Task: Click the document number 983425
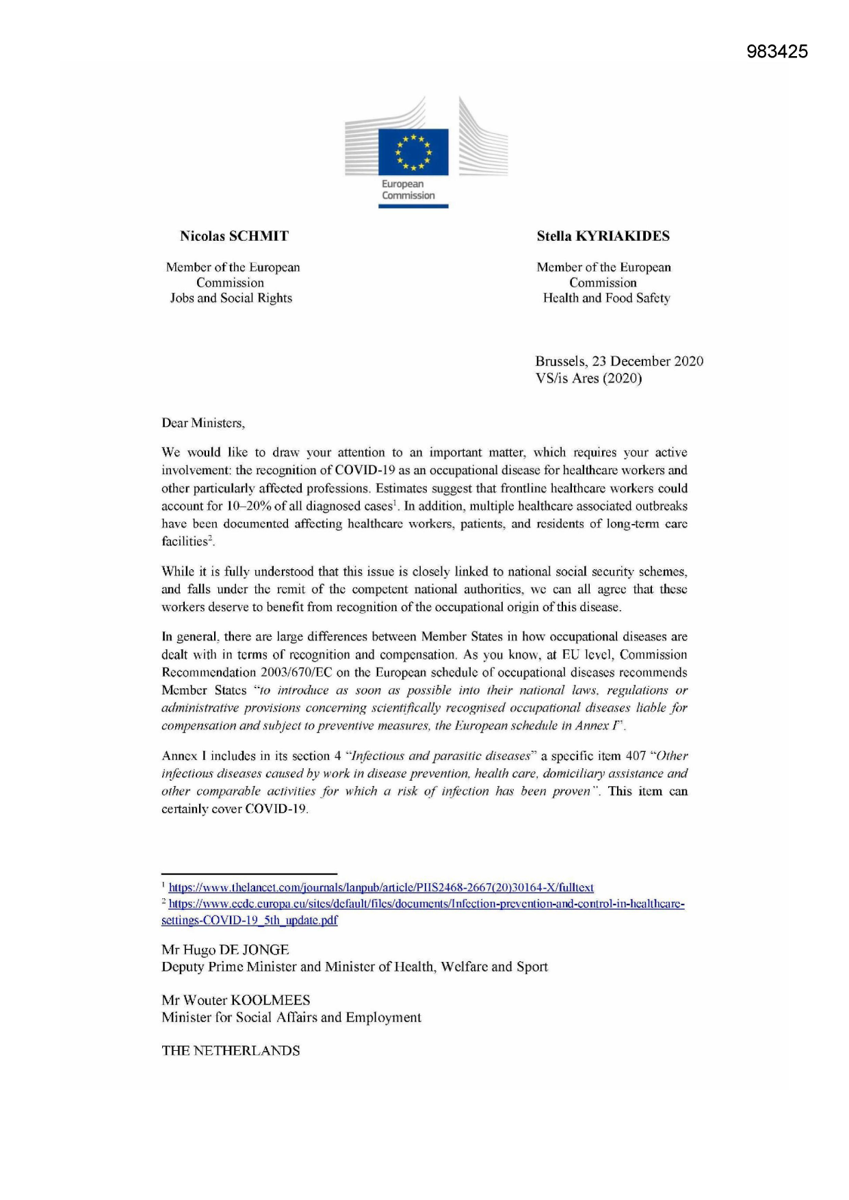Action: pyautogui.click(x=776, y=51)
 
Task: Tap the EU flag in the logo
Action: pyautogui.click(x=413, y=151)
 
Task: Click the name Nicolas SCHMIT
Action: pyautogui.click(x=234, y=236)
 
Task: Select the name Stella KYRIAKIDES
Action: pyautogui.click(x=603, y=236)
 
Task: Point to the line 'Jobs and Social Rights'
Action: pyautogui.click(x=231, y=298)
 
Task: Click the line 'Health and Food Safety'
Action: pyautogui.click(x=606, y=298)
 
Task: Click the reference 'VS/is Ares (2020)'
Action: pyautogui.click(x=588, y=378)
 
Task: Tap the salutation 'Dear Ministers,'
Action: pyautogui.click(x=203, y=423)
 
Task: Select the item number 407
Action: pyautogui.click(x=636, y=756)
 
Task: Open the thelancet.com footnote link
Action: pyautogui.click(x=381, y=887)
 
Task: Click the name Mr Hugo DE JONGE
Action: pyautogui.click(x=225, y=950)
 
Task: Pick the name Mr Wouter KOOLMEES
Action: pyautogui.click(x=235, y=1000)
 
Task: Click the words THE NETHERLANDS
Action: pyautogui.click(x=231, y=1051)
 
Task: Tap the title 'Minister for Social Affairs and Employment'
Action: pyautogui.click(x=291, y=1017)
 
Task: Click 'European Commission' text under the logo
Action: pyautogui.click(x=408, y=190)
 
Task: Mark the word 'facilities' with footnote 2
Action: pyautogui.click(x=184, y=542)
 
